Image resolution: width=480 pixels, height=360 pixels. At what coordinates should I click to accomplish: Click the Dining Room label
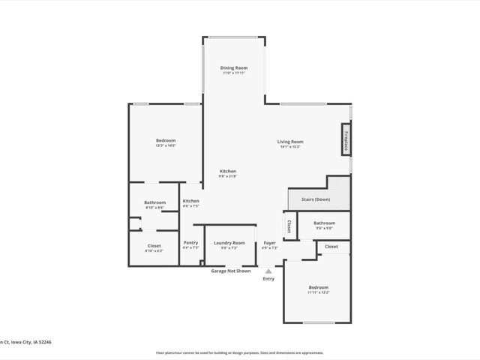(x=234, y=67)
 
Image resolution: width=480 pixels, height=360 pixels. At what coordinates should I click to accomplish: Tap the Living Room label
(x=290, y=142)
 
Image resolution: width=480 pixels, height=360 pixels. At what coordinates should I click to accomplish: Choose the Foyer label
(x=269, y=243)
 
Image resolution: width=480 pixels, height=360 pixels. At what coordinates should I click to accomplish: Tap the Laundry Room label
(x=229, y=243)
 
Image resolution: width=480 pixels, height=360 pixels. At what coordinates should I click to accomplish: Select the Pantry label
(x=190, y=243)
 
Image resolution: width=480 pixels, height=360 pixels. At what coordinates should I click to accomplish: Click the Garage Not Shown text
(x=230, y=271)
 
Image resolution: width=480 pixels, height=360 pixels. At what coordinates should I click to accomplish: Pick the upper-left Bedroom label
(x=166, y=141)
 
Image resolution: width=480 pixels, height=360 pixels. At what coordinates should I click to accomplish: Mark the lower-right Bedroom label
(x=318, y=288)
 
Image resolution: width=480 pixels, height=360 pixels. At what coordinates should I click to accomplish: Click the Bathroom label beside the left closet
(x=154, y=202)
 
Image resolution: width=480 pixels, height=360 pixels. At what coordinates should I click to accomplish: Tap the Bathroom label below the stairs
(x=324, y=223)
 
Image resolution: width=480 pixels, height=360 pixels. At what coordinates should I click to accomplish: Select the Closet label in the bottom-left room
(x=154, y=246)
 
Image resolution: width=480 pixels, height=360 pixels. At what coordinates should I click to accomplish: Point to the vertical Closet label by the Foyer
(x=289, y=226)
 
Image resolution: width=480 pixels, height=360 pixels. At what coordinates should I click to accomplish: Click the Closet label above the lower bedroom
(x=331, y=247)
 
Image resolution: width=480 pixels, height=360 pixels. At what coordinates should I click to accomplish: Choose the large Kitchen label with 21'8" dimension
(x=228, y=172)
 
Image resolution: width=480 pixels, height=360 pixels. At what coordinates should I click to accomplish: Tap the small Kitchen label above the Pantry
(x=190, y=202)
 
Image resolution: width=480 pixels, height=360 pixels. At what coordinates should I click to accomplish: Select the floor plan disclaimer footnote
(x=239, y=352)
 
